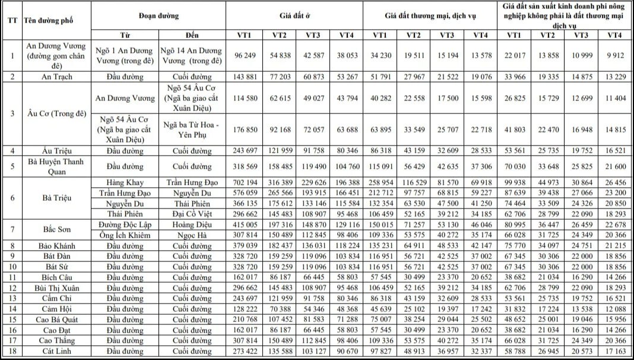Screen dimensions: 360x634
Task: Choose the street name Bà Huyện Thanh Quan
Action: click(x=57, y=167)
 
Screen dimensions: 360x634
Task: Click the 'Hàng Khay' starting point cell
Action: click(x=125, y=182)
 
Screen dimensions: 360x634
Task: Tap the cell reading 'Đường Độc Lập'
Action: click(x=125, y=225)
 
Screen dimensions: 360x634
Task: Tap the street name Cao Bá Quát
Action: click(x=57, y=320)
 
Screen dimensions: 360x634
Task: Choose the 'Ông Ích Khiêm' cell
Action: click(x=125, y=235)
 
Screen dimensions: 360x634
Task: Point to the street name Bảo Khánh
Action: click(x=57, y=246)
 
